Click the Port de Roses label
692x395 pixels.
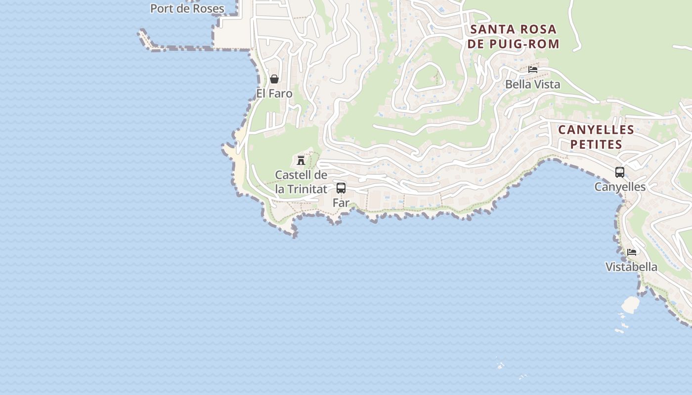coord(187,8)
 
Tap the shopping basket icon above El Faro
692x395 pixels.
coord(274,79)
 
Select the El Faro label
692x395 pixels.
coord(274,93)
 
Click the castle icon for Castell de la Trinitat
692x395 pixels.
coord(301,160)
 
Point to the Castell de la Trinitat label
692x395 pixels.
coord(301,182)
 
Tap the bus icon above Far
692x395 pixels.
coord(341,188)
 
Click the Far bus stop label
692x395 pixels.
coord(341,202)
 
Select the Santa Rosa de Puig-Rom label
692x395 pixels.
coord(514,37)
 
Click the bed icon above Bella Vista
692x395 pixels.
coord(533,70)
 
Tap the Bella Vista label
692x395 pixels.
coord(533,84)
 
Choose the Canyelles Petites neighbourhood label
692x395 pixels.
coord(596,137)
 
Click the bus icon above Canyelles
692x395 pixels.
coord(620,172)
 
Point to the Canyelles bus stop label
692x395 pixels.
coord(620,187)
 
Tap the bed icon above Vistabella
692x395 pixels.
coord(632,252)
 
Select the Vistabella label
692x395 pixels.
coord(632,267)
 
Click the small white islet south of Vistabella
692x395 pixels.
coord(631,304)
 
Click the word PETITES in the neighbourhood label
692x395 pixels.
coord(596,145)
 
